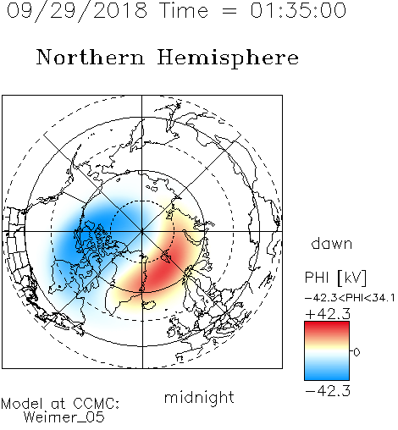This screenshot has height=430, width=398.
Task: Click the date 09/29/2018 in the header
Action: [77, 11]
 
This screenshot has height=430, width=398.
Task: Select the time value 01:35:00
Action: [298, 10]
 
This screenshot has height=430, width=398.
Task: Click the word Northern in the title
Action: [91, 57]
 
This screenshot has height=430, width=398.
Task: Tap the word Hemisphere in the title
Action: [228, 58]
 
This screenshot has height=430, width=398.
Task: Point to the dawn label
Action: [332, 243]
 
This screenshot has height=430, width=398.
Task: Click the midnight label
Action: [199, 398]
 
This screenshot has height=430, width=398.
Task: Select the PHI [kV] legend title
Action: [335, 278]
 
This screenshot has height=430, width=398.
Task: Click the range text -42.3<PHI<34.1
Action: [350, 298]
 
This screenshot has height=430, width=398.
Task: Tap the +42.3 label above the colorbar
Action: [328, 314]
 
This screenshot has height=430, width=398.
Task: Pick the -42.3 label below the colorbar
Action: [328, 391]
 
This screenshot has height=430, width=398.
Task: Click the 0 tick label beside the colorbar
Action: [357, 352]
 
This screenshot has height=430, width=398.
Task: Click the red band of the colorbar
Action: [327, 328]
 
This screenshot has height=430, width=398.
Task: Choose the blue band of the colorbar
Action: [327, 372]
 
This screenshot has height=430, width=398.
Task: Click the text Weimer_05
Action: [64, 417]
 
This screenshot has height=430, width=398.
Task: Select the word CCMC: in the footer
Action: [96, 404]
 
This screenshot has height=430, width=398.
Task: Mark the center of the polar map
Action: [142, 231]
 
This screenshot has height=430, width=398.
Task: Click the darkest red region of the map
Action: [161, 271]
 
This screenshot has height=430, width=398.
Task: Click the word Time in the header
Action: [184, 10]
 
